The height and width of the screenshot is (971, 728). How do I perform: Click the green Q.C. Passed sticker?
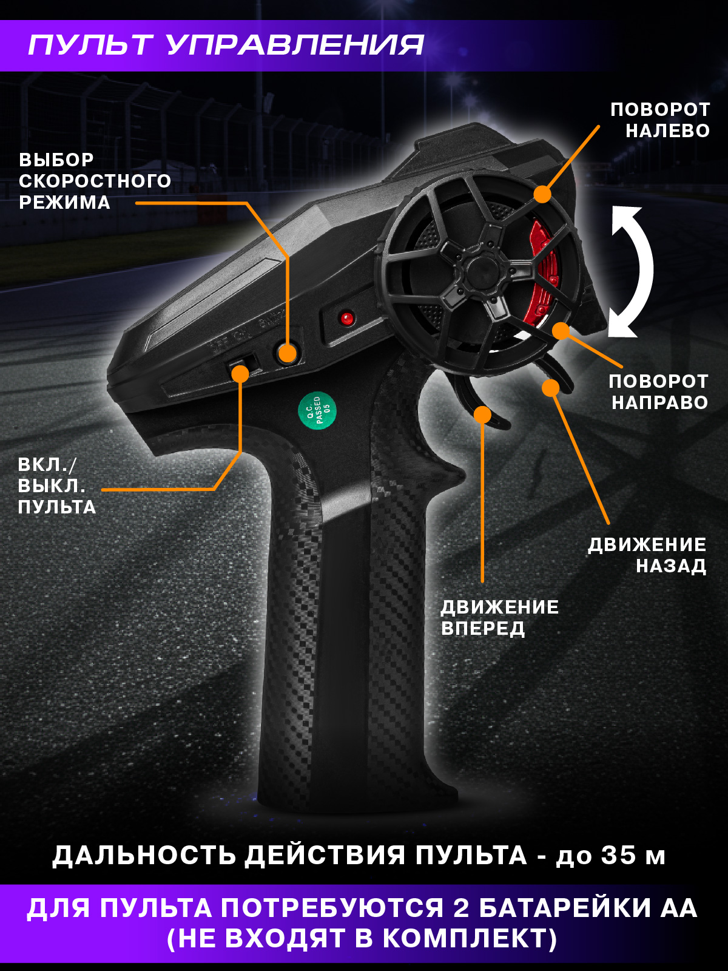coord(317,410)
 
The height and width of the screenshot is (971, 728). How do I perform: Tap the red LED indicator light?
coord(346,317)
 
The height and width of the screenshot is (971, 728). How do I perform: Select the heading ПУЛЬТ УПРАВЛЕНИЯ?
coord(226,46)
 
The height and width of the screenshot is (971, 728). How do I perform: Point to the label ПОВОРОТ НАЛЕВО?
coord(660,120)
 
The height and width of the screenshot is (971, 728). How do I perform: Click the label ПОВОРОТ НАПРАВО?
coord(658,391)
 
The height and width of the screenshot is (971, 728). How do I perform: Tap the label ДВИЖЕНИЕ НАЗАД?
coord(647,555)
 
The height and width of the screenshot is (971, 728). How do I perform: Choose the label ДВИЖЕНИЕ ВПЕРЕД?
coord(499,617)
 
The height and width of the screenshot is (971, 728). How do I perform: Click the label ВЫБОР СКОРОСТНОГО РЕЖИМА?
coord(95,181)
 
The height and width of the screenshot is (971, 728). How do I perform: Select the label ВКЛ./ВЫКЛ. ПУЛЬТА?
coord(56,486)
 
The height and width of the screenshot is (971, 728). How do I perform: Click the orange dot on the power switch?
coord(240,373)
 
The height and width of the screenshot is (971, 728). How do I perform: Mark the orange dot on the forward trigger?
coord(482,414)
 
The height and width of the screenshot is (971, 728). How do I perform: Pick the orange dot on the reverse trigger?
coord(550,387)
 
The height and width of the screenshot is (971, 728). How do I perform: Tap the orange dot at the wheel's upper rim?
coord(542,194)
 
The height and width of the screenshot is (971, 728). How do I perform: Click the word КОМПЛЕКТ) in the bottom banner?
coord(470,939)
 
